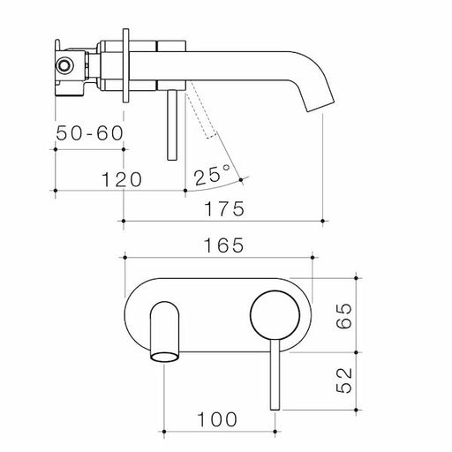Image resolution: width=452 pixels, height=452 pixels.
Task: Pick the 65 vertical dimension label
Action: pyautogui.click(x=345, y=313)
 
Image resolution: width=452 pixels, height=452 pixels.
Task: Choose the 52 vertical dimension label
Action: pyautogui.click(x=345, y=380)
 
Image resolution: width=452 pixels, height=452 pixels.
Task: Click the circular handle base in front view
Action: pyautogui.click(x=271, y=314)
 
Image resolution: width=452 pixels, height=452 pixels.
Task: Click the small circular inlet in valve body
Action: pyautogui.click(x=64, y=66)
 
